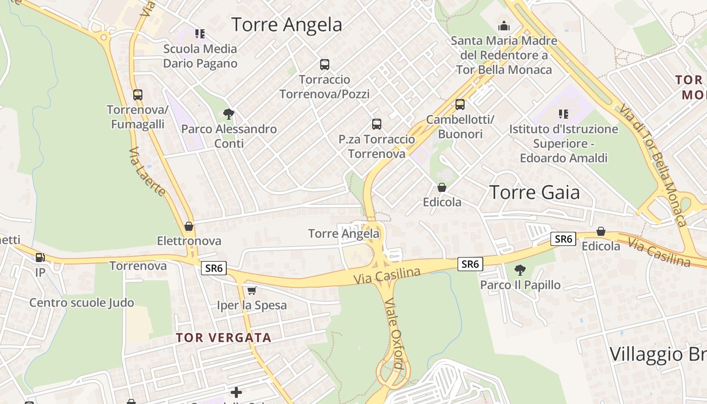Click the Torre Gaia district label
tap(535, 192)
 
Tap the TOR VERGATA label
tap(224, 338)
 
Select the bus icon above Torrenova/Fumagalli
tap(137, 94)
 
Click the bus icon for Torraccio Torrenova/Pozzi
tap(325, 65)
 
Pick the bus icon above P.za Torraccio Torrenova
tap(376, 124)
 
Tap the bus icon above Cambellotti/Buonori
tap(460, 105)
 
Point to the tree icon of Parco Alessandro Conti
tap(229, 114)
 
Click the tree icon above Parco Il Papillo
tap(520, 270)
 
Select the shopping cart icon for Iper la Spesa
tap(251, 290)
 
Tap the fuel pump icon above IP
tap(40, 258)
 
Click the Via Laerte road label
tap(147, 172)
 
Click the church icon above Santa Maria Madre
tap(503, 26)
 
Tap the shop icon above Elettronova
tap(189, 226)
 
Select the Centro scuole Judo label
tap(82, 303)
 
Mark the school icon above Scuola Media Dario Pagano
tap(200, 34)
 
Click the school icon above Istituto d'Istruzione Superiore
tap(564, 114)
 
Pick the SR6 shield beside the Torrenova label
tap(214, 268)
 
